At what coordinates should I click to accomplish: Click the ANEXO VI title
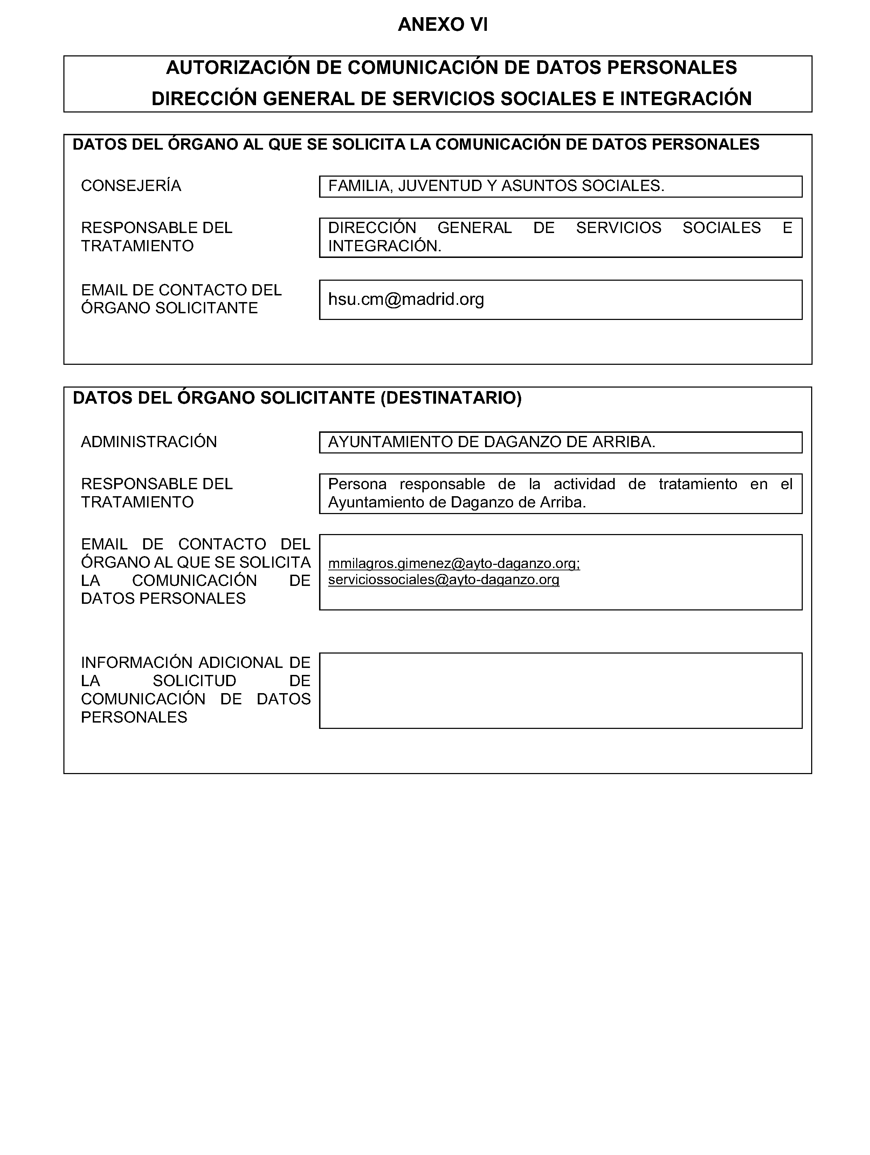click(443, 25)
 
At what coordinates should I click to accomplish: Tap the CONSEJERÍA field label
click(131, 186)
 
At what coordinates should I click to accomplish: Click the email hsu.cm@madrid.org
click(406, 299)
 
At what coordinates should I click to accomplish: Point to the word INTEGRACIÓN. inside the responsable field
click(385, 246)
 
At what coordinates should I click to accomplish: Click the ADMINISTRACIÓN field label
click(149, 442)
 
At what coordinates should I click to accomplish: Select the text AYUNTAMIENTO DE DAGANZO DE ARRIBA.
click(491, 442)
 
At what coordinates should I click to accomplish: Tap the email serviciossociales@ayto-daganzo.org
click(444, 580)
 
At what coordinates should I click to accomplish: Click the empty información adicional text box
click(560, 690)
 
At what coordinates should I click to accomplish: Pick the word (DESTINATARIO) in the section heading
click(451, 398)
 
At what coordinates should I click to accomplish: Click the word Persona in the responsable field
click(357, 484)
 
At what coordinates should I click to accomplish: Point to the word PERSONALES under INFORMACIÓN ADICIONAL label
click(134, 717)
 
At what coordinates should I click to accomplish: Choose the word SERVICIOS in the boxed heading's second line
click(443, 99)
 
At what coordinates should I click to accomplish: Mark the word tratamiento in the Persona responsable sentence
click(697, 484)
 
